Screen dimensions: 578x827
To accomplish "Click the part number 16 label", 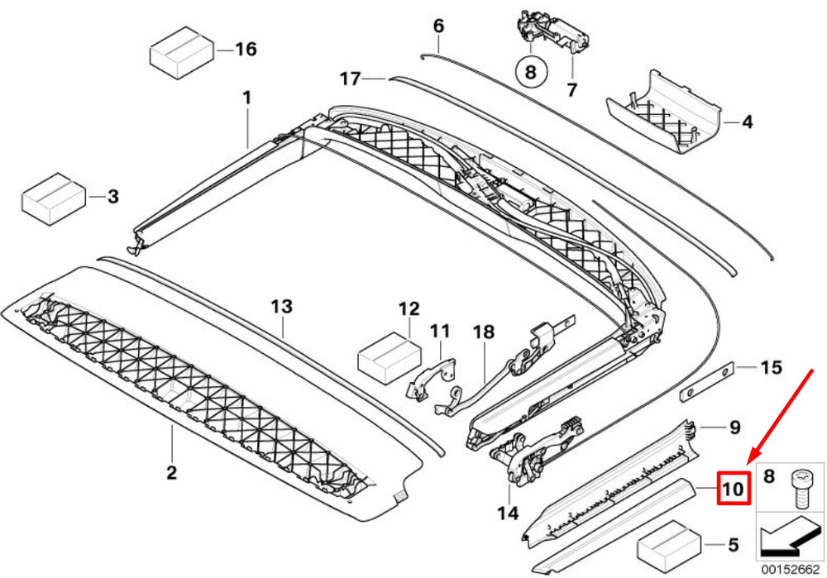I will (x=246, y=50).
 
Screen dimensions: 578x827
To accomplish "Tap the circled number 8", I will (x=530, y=71).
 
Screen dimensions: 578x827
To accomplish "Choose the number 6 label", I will (x=438, y=26).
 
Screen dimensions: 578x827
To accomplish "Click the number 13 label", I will (x=281, y=307).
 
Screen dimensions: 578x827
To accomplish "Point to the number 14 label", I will (x=508, y=514).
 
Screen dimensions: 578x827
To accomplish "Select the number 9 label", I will (x=734, y=428).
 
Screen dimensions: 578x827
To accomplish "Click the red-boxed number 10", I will (x=733, y=489).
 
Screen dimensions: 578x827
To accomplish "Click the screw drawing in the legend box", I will (x=801, y=488).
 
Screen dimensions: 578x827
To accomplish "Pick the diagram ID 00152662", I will (x=790, y=569).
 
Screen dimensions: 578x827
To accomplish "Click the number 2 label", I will (x=171, y=473).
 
